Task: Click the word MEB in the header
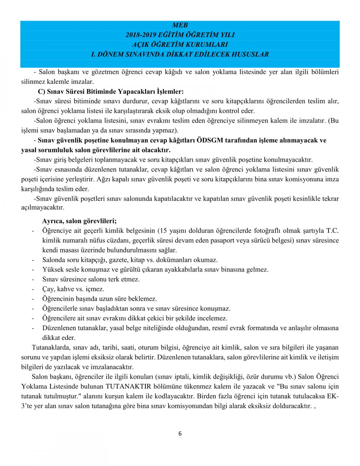tap(180, 25)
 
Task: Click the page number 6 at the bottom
tap(180, 434)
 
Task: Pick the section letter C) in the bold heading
tap(41, 91)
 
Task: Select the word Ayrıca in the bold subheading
tap(52, 221)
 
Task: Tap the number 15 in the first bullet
tap(163, 230)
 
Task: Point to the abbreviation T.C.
tap(332, 230)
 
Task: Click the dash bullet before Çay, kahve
tap(33, 289)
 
